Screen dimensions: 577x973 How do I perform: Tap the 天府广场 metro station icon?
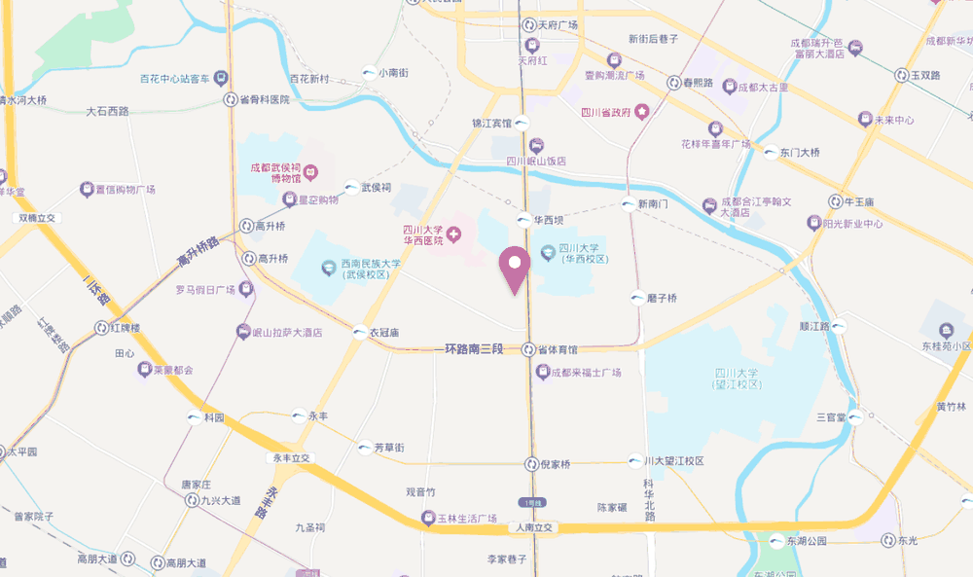528,25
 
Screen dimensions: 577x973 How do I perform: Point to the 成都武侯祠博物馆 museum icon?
310,172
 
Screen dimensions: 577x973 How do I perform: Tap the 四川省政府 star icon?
642,113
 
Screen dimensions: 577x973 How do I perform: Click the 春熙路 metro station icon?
673,84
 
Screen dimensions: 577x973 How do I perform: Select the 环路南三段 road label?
474,348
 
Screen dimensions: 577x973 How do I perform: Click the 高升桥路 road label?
198,255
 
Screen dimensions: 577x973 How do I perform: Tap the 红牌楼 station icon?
102,329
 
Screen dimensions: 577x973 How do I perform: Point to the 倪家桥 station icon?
531,464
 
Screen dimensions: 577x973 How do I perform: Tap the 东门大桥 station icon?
772,153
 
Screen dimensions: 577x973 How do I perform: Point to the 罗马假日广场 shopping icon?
246,289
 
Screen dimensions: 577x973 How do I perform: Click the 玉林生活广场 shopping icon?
428,518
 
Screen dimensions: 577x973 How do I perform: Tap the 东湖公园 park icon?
776,540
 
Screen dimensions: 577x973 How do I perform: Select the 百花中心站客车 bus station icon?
223,78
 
